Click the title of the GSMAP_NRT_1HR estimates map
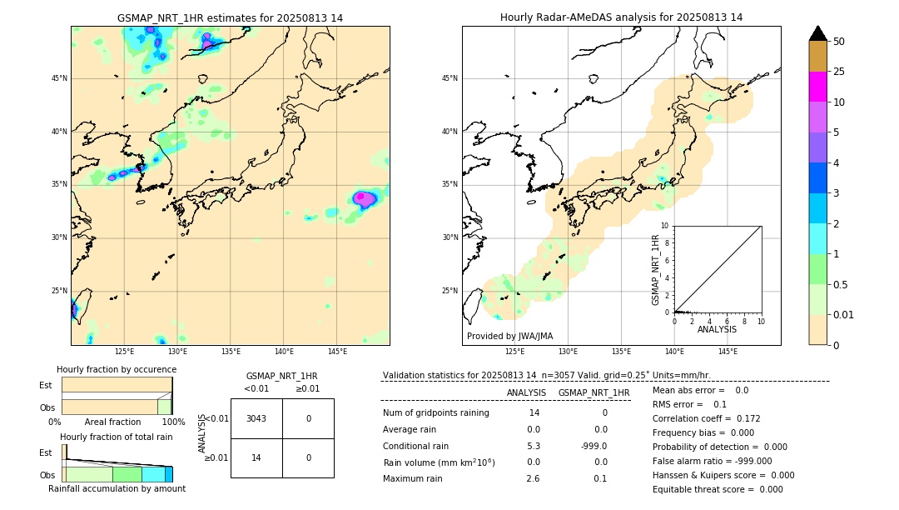click(230, 17)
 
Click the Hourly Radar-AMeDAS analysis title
click(621, 17)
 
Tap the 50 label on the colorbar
click(839, 42)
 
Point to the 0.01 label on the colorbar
click(844, 314)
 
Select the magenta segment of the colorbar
click(817, 87)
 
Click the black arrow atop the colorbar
click(817, 33)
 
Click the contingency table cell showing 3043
click(256, 418)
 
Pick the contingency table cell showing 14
click(256, 457)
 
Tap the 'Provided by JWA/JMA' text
click(509, 336)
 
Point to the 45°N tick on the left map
click(59, 78)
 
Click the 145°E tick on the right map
click(728, 352)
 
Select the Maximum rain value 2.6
click(533, 478)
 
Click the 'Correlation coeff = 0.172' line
click(706, 418)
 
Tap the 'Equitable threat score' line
click(718, 489)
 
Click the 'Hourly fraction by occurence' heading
click(117, 369)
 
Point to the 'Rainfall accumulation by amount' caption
click(117, 488)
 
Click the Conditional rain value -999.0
click(594, 446)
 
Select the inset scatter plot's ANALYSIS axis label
click(717, 329)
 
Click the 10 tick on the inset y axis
click(665, 226)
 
